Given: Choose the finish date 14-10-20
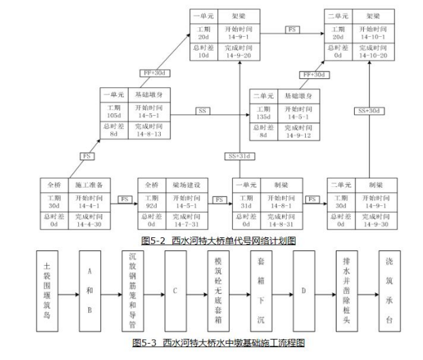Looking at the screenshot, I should point(375,55).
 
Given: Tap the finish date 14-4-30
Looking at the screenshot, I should point(89,224).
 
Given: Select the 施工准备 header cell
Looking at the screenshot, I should point(88,185).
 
